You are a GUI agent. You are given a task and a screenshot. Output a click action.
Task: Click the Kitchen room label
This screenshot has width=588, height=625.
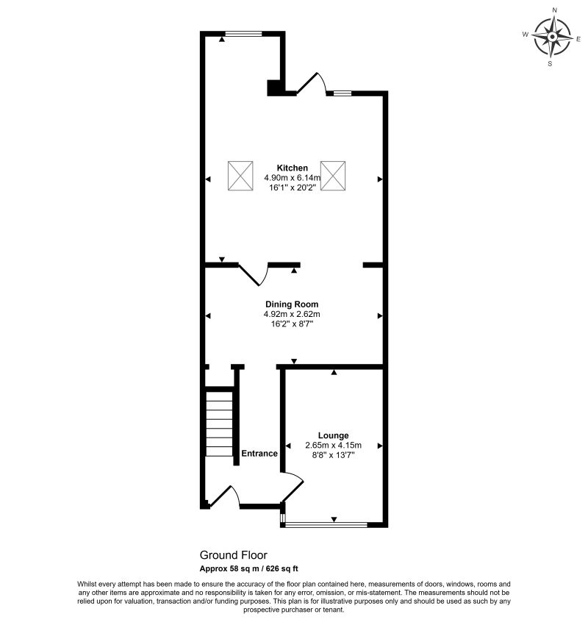[x=293, y=168]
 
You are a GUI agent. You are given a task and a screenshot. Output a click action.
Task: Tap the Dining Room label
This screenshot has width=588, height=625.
[x=292, y=304]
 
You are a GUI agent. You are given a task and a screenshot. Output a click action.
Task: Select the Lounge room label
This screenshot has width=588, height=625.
[x=333, y=435]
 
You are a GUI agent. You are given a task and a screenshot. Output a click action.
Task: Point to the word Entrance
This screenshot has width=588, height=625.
[x=259, y=453]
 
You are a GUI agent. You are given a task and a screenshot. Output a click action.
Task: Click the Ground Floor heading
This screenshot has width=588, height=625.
[x=234, y=555]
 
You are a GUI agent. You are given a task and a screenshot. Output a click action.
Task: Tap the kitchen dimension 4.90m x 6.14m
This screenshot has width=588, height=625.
[x=292, y=178]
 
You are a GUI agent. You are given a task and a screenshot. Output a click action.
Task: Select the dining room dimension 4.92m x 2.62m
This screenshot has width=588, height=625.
[x=292, y=314]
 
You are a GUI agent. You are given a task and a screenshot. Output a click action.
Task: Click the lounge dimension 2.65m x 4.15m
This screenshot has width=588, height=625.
[x=333, y=446]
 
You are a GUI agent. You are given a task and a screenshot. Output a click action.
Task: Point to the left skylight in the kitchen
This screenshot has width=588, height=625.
[x=240, y=176]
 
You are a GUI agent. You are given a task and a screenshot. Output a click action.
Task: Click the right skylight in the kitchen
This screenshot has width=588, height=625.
[x=333, y=176]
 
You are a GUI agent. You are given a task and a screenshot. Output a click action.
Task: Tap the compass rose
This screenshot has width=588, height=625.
[x=552, y=37]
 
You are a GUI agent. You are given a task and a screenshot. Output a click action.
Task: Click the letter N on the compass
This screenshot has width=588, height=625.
[x=554, y=10]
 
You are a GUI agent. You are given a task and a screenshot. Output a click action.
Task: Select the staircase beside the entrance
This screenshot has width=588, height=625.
[x=219, y=424]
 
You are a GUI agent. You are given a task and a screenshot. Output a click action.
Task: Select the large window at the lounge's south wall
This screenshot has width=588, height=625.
[x=326, y=525]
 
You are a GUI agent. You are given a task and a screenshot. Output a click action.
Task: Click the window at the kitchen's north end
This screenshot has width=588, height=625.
[x=244, y=34]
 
